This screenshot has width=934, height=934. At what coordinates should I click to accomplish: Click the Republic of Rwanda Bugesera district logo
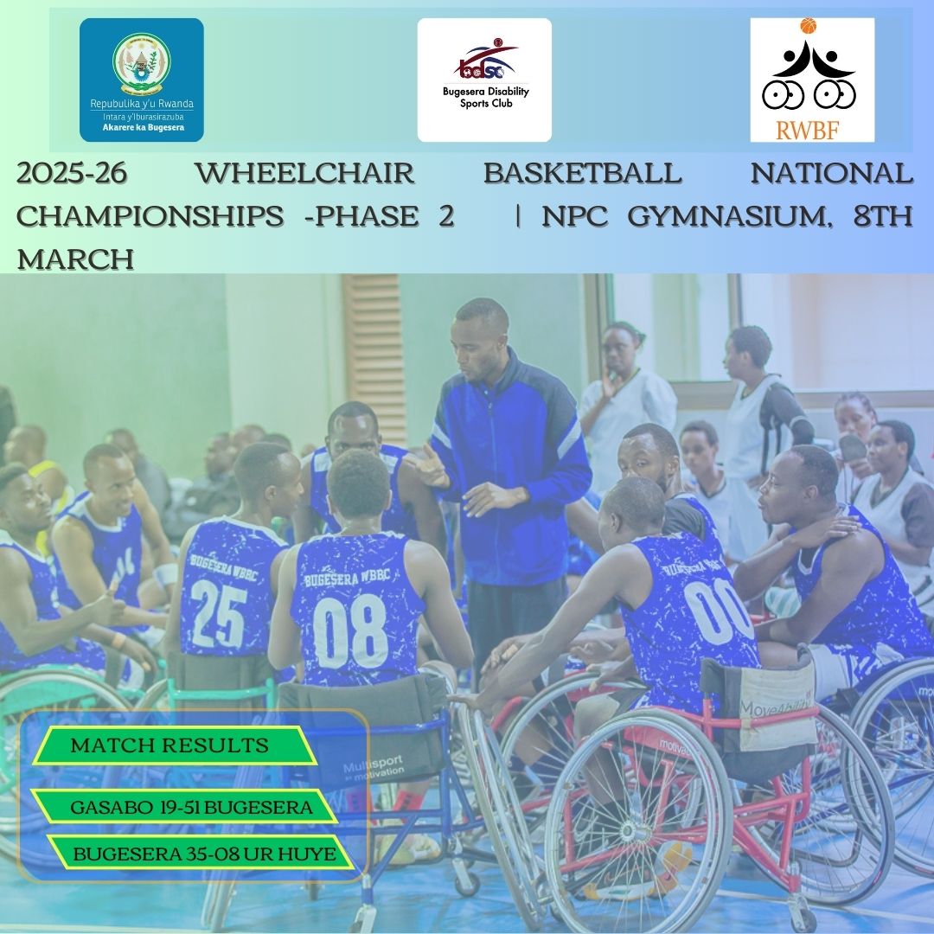142,80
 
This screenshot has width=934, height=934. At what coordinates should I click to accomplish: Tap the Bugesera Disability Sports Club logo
484,80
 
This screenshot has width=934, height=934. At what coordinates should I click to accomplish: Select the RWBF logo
811,80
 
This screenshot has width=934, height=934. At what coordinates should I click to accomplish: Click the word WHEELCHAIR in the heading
304,174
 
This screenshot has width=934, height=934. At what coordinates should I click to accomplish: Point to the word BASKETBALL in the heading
582,174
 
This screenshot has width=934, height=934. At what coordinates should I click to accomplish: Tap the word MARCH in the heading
75,259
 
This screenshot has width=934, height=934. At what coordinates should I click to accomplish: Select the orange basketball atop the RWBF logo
809,27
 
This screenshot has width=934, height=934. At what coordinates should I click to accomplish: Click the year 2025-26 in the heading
72,174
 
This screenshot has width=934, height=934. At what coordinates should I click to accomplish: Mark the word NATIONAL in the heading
831,174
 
